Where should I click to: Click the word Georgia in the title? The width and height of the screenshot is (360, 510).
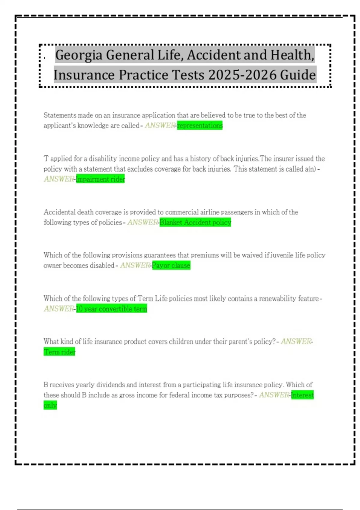click(x=79, y=55)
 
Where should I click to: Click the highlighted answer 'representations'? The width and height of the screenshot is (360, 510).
click(x=200, y=125)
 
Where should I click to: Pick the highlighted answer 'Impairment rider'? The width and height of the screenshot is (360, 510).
click(x=100, y=179)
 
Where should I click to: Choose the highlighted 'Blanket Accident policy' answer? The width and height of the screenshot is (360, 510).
click(x=195, y=222)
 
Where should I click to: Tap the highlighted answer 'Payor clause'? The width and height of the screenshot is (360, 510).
click(x=171, y=265)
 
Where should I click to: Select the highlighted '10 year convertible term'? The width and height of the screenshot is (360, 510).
click(x=111, y=309)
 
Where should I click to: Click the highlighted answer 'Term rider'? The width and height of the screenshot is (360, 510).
click(x=59, y=352)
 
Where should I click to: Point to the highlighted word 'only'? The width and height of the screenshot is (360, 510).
click(x=50, y=405)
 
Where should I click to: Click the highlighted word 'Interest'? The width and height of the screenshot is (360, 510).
click(x=302, y=395)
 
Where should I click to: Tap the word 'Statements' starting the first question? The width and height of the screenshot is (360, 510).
click(x=60, y=115)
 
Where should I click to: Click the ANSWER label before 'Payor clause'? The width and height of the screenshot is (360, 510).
click(x=135, y=265)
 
